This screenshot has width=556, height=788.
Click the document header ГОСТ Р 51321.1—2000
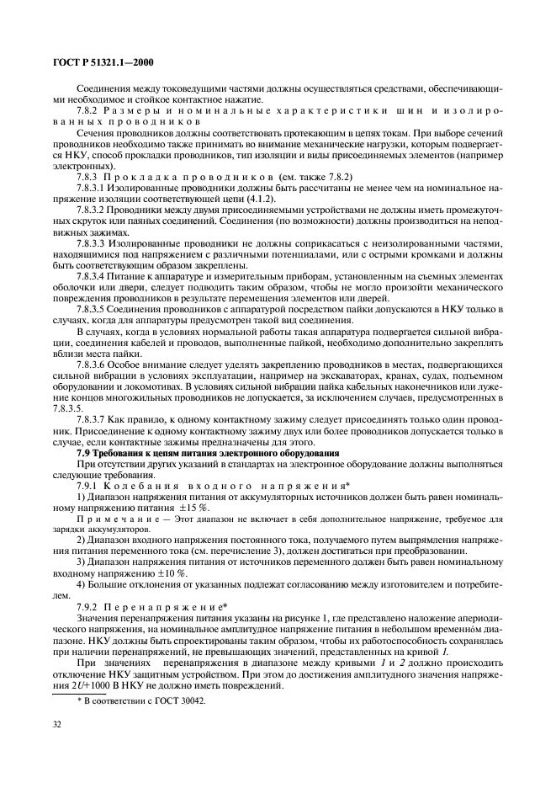coord(93,61)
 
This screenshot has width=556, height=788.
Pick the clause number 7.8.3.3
coord(93,241)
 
